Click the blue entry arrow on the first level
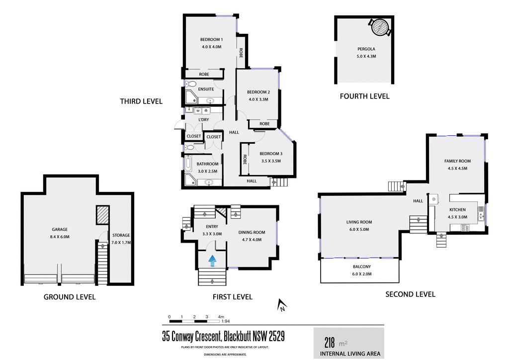click(213, 260)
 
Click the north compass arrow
click(281, 305)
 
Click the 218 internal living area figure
click(330, 343)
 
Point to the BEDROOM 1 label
click(211, 40)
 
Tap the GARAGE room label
click(60, 230)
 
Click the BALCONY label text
click(361, 267)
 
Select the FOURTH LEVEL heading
click(364, 96)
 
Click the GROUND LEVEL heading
click(70, 297)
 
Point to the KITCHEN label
click(457, 210)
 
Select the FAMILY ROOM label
click(457, 161)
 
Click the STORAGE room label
click(121, 235)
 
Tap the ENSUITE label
click(206, 90)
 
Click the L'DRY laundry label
click(204, 120)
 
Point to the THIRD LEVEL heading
click(141, 101)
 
